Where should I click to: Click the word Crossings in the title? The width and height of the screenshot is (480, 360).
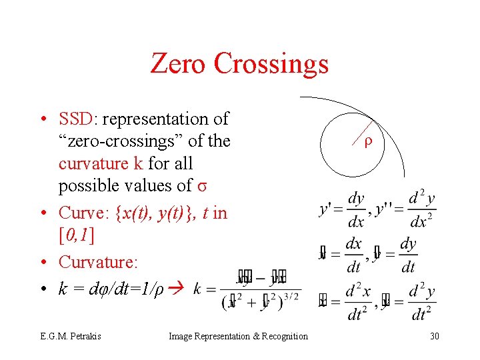point(271,64)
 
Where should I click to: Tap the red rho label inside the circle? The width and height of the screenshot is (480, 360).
point(368,142)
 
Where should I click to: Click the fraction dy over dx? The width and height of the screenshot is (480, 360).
point(357,210)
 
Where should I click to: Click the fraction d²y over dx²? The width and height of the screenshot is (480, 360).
point(423,210)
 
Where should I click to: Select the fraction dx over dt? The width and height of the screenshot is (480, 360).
point(353,255)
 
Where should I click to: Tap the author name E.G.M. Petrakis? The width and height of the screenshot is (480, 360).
point(69,336)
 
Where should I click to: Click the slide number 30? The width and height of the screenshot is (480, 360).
point(434,336)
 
